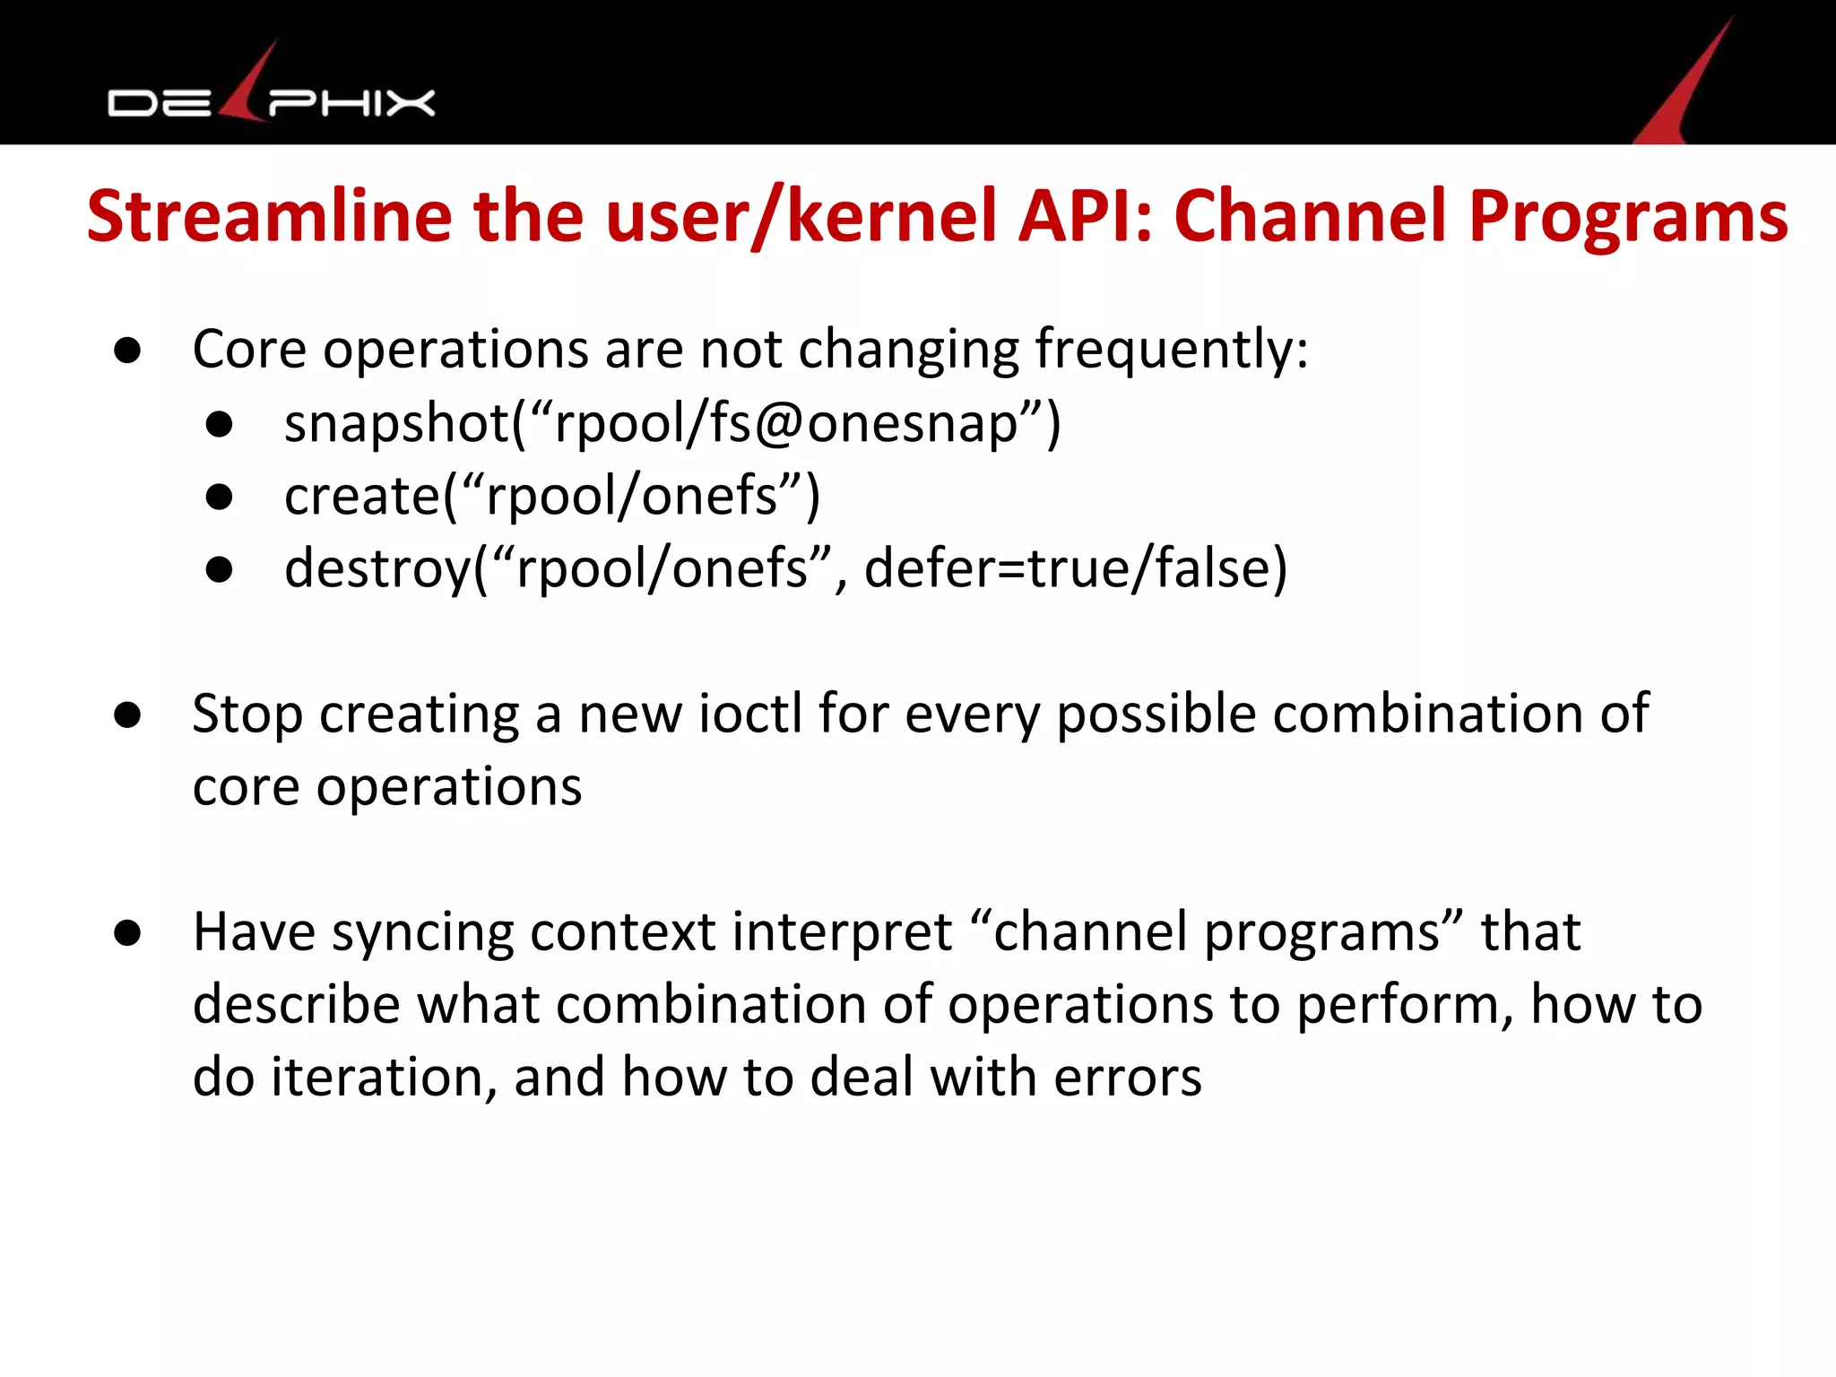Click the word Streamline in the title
pyautogui.click(x=269, y=217)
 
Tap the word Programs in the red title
pyautogui.click(x=1628, y=219)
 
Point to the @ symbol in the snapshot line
pyautogui.click(x=779, y=423)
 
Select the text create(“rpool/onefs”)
pyautogui.click(x=552, y=496)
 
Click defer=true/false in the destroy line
pyautogui.click(x=1076, y=568)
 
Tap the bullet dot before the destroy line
pyautogui.click(x=219, y=569)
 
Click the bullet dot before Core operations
pyautogui.click(x=127, y=351)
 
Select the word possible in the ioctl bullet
pyautogui.click(x=1156, y=714)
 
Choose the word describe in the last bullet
pyautogui.click(x=296, y=1004)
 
